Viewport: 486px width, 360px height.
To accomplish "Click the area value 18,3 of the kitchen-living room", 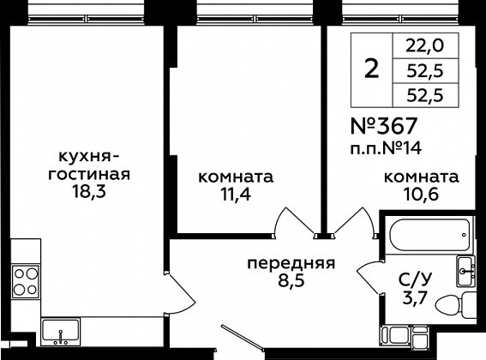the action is (89, 191).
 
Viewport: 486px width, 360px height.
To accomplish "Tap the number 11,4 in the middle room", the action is (235, 195).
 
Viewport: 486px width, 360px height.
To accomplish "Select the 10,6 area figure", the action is (421, 195).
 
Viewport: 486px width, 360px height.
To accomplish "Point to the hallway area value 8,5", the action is (291, 281).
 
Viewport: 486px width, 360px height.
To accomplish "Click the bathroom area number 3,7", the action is (415, 298).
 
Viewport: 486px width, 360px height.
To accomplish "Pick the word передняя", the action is (291, 264).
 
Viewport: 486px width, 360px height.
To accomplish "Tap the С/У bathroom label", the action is (415, 280).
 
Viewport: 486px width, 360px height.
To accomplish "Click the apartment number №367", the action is (384, 126).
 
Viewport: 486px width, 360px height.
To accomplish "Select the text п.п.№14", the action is (386, 148).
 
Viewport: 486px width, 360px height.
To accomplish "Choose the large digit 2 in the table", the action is (372, 69).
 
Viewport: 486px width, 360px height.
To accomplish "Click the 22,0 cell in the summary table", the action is (425, 46).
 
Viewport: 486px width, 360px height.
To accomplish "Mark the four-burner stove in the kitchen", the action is (26, 281).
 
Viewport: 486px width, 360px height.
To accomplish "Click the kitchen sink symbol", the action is (61, 332).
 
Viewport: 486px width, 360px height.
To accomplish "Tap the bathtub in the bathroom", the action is (429, 236).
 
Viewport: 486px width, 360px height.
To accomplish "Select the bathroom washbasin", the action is (465, 272).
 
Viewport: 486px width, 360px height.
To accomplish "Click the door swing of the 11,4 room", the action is (294, 221).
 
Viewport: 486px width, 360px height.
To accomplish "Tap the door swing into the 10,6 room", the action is (354, 221).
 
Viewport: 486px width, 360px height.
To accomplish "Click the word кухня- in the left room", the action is (88, 157).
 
